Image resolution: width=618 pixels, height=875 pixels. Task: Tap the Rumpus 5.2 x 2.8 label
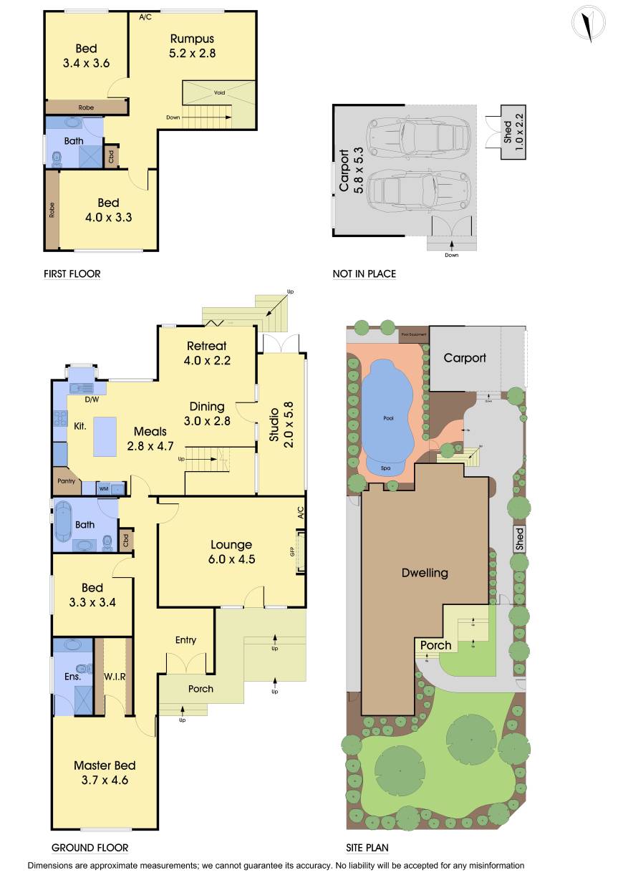tap(192, 45)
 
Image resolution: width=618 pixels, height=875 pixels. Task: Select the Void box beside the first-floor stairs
tap(218, 93)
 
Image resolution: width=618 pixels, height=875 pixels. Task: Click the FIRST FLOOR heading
tap(72, 274)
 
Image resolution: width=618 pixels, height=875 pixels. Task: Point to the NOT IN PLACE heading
tap(364, 274)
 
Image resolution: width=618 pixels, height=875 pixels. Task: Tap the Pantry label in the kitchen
tap(66, 481)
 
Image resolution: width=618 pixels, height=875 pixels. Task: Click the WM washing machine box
tap(105, 488)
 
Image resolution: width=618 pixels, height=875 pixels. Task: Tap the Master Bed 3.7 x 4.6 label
tap(105, 773)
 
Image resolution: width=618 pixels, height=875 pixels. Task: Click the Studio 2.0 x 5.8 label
tap(280, 428)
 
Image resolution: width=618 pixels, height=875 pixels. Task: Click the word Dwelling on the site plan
tap(424, 572)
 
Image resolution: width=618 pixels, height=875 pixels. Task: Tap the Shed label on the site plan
tap(520, 537)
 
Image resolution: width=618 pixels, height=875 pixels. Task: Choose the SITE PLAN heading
tap(367, 848)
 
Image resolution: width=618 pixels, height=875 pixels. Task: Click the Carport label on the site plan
tap(464, 357)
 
